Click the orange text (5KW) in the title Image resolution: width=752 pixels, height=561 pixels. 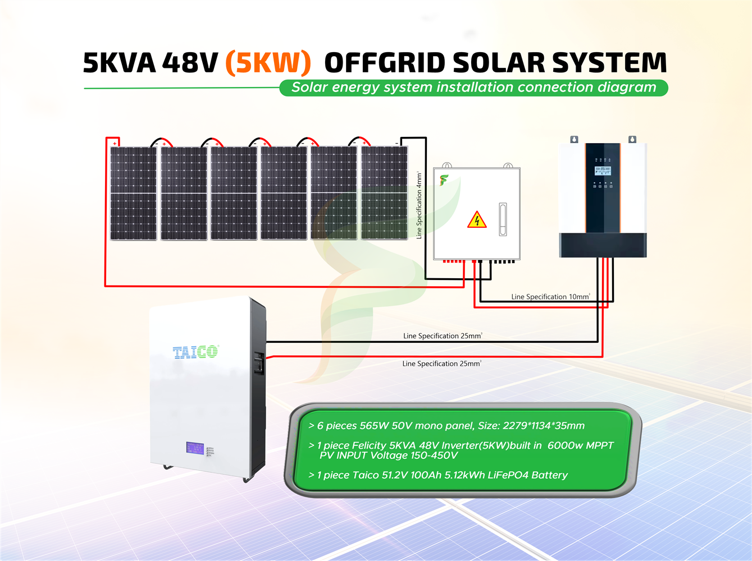[268, 63]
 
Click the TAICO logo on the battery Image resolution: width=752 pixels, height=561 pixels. [195, 352]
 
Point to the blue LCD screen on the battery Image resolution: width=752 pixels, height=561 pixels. [195, 448]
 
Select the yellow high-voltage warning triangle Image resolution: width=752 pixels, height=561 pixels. [477, 219]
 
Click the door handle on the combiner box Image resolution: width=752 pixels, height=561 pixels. [503, 219]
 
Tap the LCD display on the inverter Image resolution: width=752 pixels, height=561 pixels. [603, 170]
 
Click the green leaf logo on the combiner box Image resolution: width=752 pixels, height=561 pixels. [444, 180]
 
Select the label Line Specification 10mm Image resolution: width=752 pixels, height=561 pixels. [550, 297]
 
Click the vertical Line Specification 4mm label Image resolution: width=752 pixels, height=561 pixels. [419, 205]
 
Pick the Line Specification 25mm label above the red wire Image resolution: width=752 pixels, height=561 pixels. [443, 336]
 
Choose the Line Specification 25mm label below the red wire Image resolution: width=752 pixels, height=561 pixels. [441, 364]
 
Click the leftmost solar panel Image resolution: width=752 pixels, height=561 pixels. [134, 194]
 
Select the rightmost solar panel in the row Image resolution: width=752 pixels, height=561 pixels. [384, 194]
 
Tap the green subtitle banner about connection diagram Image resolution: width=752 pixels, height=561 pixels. [473, 88]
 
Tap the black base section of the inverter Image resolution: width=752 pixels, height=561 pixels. [603, 245]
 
